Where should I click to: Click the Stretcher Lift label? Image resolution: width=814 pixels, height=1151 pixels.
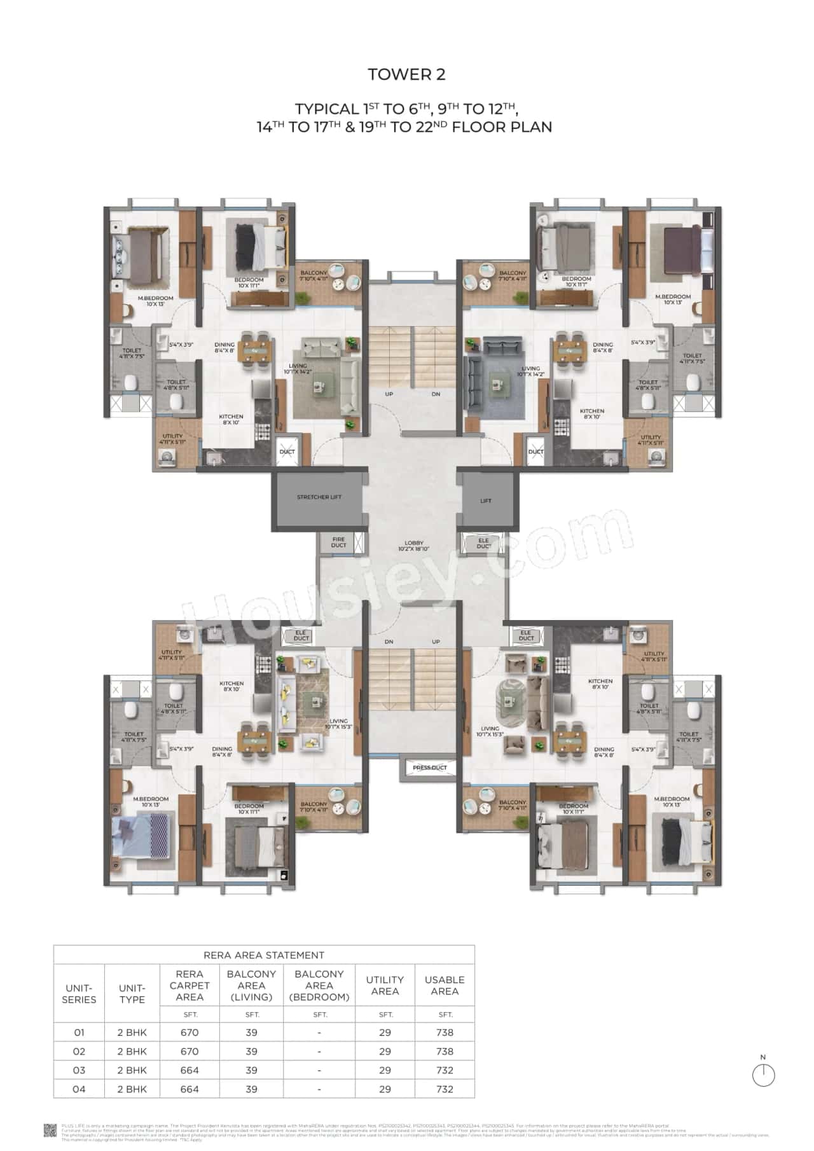click(319, 497)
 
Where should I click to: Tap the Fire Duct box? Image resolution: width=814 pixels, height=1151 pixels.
click(339, 542)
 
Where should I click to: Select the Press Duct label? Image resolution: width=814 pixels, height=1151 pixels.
click(430, 768)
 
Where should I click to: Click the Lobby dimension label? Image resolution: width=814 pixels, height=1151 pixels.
click(414, 546)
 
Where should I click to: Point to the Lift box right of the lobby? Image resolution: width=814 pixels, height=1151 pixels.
click(485, 500)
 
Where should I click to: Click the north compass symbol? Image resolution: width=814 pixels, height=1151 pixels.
click(763, 1075)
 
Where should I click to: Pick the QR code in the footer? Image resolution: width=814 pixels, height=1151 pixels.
click(50, 1129)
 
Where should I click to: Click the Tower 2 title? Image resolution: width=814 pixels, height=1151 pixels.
click(406, 74)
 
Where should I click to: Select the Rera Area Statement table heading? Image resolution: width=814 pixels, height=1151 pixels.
click(263, 955)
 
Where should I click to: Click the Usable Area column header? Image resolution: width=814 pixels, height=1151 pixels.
click(445, 985)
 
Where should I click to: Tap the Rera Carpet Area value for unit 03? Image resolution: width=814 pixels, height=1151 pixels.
click(190, 1070)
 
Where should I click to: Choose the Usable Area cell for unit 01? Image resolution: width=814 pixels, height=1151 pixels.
click(445, 1033)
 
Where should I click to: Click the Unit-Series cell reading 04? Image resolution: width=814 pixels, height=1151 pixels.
click(79, 1089)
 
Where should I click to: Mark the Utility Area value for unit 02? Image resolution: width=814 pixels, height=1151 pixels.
click(385, 1051)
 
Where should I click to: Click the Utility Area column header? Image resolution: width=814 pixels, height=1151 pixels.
click(385, 985)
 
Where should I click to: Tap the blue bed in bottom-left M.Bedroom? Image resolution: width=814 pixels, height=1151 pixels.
click(142, 836)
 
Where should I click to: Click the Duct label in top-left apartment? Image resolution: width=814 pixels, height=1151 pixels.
click(287, 452)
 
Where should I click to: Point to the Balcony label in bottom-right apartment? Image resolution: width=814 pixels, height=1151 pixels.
click(513, 806)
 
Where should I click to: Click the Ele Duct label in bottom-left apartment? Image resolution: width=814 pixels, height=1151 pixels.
click(301, 635)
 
